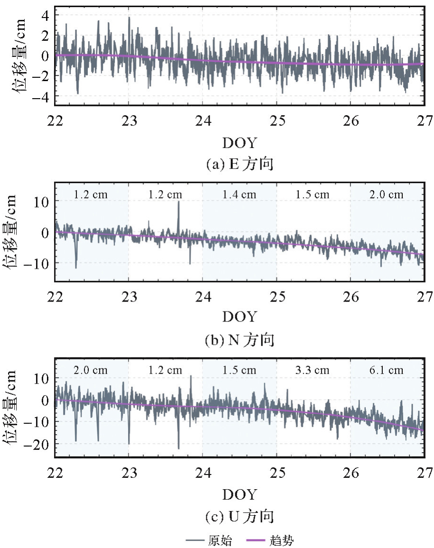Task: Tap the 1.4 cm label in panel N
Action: pos(240,194)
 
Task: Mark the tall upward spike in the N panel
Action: pos(178,203)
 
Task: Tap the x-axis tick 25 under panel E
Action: pos(277,120)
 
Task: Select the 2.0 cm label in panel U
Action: pos(92,370)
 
